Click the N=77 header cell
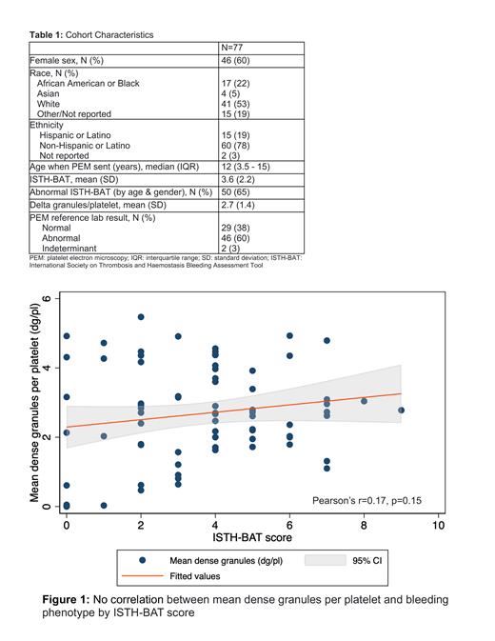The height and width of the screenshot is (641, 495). pyautogui.click(x=234, y=47)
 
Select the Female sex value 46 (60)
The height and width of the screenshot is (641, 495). pyautogui.click(x=237, y=62)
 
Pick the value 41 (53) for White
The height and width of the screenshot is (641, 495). pyautogui.click(x=234, y=104)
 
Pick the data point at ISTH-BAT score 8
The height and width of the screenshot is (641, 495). pyautogui.click(x=364, y=401)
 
